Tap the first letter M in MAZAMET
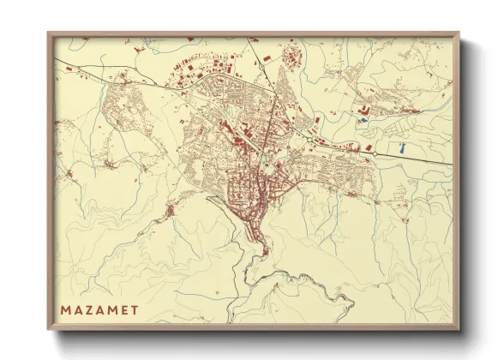click(x=66, y=305)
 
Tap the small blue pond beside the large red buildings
click(x=363, y=120)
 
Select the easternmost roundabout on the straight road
click(x=374, y=153)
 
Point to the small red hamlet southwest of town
click(x=172, y=208)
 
